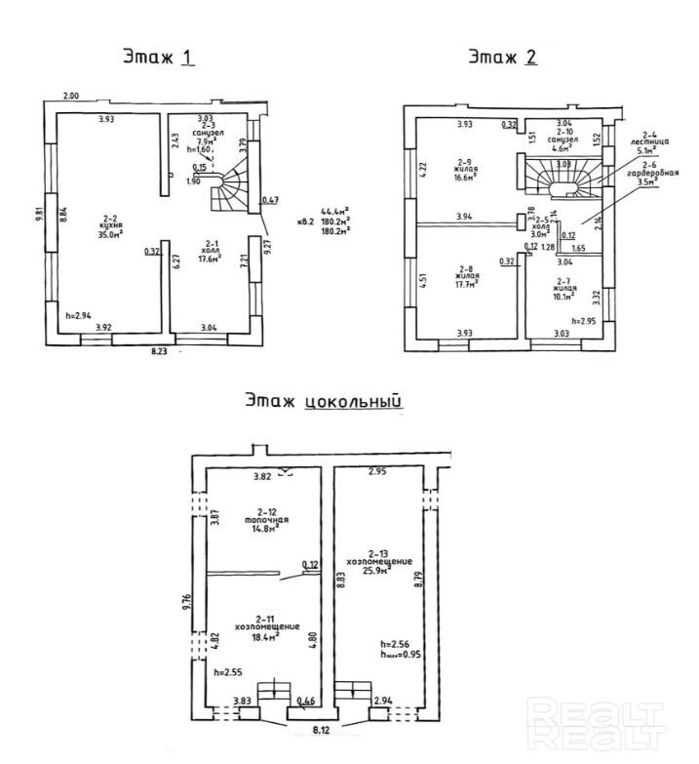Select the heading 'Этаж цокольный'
324,399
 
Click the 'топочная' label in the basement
263,520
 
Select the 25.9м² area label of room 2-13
376,572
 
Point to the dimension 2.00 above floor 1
72,96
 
